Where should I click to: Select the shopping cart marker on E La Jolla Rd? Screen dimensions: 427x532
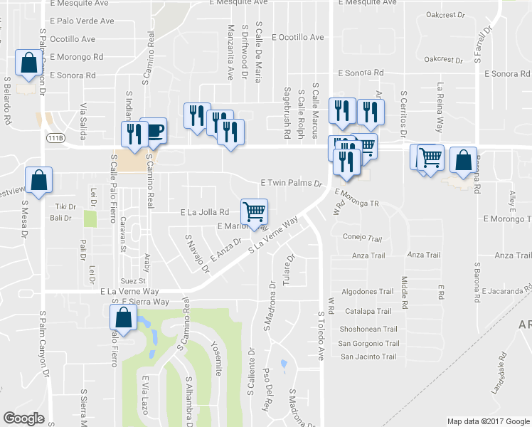click(254, 211)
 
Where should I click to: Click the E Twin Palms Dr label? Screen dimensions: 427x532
click(291, 183)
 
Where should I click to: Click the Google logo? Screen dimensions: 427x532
click(23, 418)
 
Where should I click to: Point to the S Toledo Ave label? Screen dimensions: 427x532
click(321, 334)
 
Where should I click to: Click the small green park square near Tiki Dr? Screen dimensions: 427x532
click(90, 218)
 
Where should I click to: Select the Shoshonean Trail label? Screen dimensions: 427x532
click(368, 328)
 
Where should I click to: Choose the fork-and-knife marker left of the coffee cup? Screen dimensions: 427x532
click(133, 133)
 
